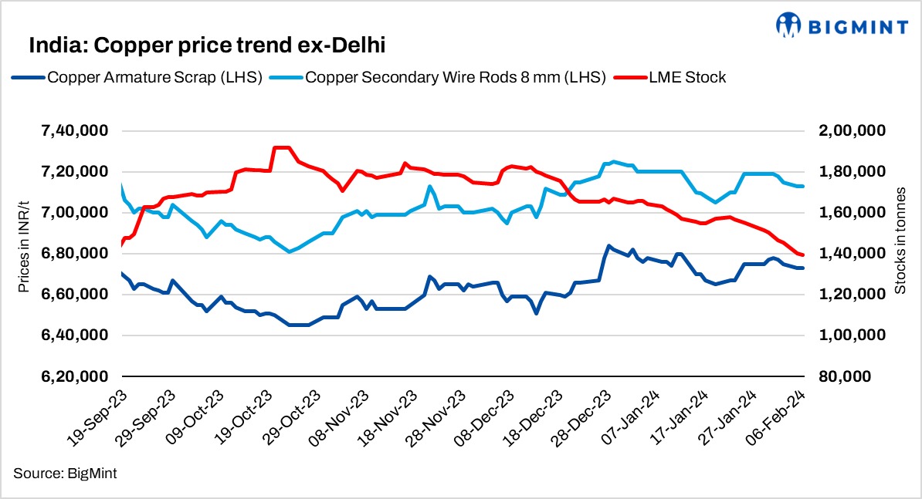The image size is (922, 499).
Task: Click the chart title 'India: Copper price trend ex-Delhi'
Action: tap(207, 46)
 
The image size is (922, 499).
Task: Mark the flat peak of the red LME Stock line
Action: tap(281, 147)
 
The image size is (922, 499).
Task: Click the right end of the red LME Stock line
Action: tap(803, 255)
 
